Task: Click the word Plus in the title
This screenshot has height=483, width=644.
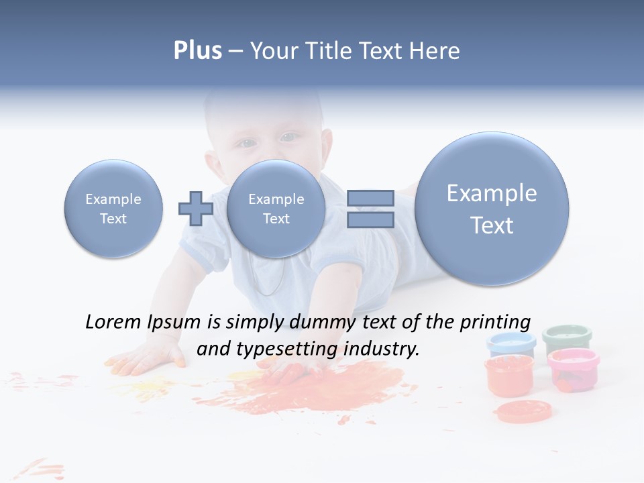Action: pos(197,51)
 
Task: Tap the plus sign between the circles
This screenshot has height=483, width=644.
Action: pos(195,209)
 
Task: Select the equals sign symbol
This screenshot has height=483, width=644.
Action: pos(370,209)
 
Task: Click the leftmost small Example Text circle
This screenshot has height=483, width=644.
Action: pos(113,209)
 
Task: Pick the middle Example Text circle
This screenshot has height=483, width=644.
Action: pos(276,209)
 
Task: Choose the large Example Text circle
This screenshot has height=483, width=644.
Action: pos(492,209)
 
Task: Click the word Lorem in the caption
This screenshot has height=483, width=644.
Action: pos(113,322)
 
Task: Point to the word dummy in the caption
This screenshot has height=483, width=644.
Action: pos(323,322)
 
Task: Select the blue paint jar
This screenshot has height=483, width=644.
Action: pos(511,343)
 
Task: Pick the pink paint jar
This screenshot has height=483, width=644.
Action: pos(573,368)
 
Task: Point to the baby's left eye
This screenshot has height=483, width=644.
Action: pos(288,138)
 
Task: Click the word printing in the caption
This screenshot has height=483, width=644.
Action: pos(494,322)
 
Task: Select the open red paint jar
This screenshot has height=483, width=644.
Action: pos(509,376)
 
